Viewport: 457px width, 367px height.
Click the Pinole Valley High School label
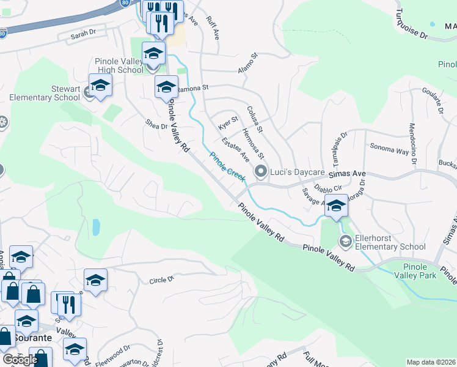pyautogui.click(x=120, y=66)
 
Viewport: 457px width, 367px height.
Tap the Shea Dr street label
pyautogui.click(x=156, y=124)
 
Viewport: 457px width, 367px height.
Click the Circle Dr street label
pyautogui.click(x=162, y=280)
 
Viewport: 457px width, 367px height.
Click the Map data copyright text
pyautogui.click(x=431, y=362)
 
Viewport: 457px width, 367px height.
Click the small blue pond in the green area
pyautogui.click(x=96, y=227)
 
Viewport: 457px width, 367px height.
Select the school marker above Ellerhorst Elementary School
pyautogui.click(x=335, y=207)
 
